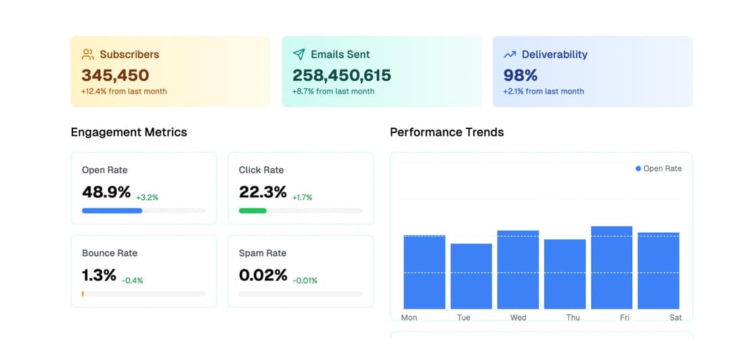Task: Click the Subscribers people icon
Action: click(88, 54)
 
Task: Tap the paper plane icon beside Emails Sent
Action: click(298, 54)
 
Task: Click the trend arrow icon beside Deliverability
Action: click(510, 54)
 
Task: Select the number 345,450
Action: click(115, 75)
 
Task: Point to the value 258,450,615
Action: click(342, 75)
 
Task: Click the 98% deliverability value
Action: click(520, 75)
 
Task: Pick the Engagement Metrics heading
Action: click(129, 132)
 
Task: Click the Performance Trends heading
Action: click(447, 132)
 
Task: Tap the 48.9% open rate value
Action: click(106, 192)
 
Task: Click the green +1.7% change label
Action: click(303, 198)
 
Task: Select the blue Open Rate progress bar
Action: click(112, 211)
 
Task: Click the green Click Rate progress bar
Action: click(252, 211)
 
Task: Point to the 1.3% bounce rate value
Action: click(99, 275)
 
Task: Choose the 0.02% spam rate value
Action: click(263, 275)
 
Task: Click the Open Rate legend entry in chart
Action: click(659, 168)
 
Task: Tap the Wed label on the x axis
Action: click(518, 318)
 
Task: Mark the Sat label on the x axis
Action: click(675, 318)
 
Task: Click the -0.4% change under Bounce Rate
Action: click(133, 281)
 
